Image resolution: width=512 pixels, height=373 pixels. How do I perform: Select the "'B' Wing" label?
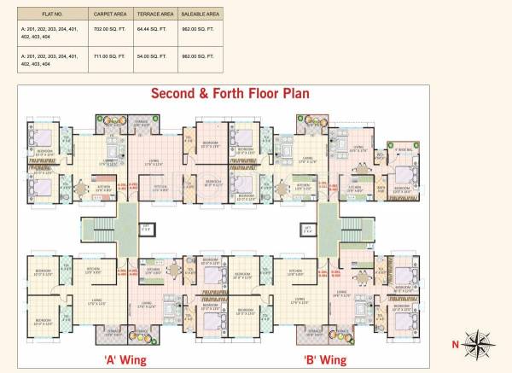(x=325, y=360)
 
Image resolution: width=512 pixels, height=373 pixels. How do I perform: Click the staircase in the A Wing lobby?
(x=101, y=229)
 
